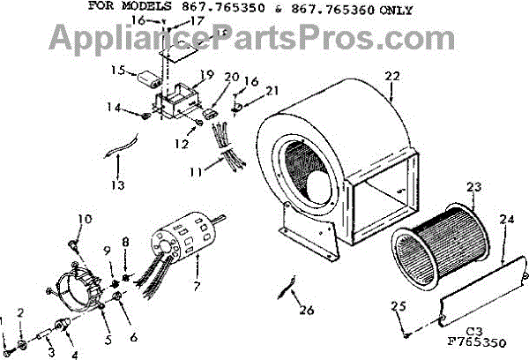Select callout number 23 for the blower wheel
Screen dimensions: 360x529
(x=474, y=187)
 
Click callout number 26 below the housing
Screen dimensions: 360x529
(x=306, y=309)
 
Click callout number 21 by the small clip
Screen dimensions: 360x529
(x=273, y=90)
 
